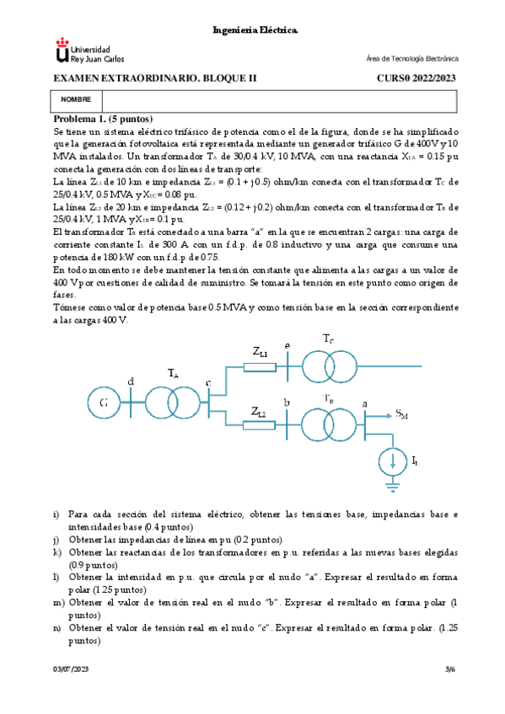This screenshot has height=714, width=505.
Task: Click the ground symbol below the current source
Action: point(392,485)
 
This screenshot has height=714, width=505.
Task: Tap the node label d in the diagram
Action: point(130,381)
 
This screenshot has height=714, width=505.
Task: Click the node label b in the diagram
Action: point(287,402)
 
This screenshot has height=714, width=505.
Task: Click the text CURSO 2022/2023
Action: point(416,77)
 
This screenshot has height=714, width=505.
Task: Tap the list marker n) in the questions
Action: point(57,628)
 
